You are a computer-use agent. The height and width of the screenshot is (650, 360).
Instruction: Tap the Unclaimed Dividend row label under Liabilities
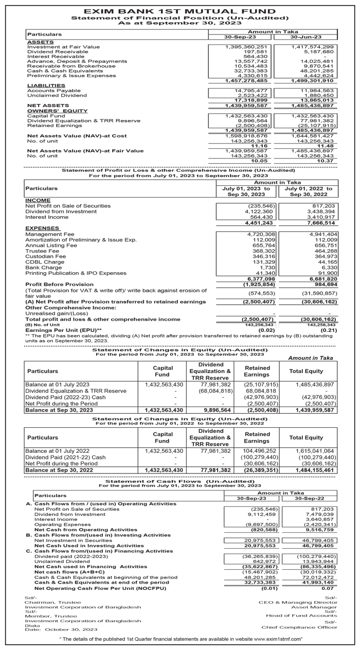57,95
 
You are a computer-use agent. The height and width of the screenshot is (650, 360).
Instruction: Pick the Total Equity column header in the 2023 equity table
306,371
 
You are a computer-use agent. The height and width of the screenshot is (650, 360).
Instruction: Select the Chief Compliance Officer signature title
299,627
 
